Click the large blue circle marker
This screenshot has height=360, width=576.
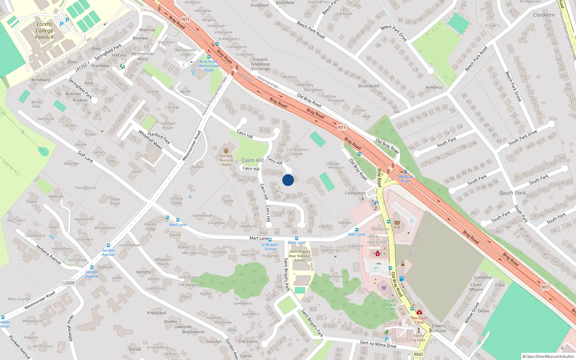click(x=288, y=180)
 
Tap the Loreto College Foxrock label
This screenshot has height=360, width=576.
click(x=44, y=31)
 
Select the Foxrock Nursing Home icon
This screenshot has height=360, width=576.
click(x=226, y=150)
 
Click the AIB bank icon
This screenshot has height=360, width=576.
click(x=397, y=223)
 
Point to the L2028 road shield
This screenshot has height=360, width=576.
click(x=69, y=283)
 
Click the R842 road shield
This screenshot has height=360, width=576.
click(x=418, y=354)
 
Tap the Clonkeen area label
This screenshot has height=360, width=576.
click(x=544, y=15)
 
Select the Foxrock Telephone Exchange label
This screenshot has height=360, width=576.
click(x=260, y=64)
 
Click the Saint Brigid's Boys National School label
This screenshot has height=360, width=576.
click(x=300, y=256)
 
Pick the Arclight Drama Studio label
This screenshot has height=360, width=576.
click(x=390, y=305)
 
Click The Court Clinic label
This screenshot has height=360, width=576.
click(x=419, y=320)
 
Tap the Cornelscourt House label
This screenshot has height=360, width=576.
click(x=297, y=152)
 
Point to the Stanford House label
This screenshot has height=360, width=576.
click(x=168, y=125)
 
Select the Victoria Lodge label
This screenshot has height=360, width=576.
click(x=176, y=201)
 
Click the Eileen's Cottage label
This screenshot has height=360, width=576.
click(x=439, y=328)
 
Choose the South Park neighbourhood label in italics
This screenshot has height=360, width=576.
click(x=513, y=193)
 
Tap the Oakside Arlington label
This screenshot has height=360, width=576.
click(x=335, y=166)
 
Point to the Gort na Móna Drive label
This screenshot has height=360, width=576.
click(x=378, y=344)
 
